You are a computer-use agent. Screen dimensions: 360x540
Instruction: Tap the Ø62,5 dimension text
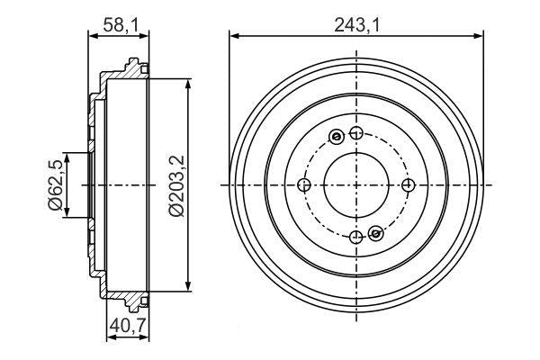point(56,184)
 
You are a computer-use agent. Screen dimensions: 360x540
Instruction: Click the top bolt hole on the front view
point(356,134)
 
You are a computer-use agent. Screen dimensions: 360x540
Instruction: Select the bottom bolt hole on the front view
point(356,237)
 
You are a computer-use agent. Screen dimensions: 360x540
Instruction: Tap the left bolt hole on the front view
point(304,185)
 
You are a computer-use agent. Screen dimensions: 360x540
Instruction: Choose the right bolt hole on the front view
point(409,185)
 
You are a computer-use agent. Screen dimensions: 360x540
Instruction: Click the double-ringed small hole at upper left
point(337,137)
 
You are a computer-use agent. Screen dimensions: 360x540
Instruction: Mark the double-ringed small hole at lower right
point(376,234)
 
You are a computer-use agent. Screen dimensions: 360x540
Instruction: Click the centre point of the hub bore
point(356,185)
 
